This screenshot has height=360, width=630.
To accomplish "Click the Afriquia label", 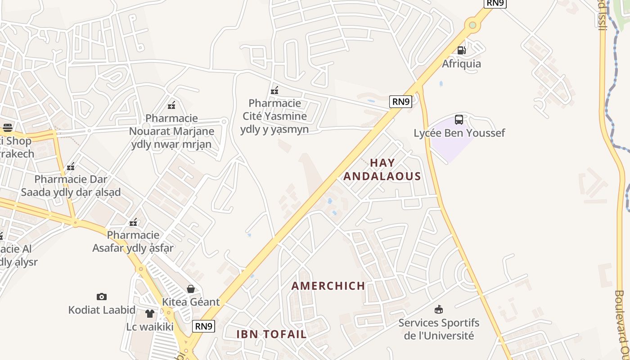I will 461,63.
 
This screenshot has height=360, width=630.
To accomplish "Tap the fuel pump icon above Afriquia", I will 461,50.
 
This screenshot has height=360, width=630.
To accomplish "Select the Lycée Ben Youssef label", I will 459,133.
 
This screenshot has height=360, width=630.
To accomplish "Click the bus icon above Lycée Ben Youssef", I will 459,120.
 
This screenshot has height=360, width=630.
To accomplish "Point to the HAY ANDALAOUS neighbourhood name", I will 382,169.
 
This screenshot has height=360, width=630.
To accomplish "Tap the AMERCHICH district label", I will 328,286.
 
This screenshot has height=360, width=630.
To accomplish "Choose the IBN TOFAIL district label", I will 271,334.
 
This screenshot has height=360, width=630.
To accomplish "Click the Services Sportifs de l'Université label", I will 439,329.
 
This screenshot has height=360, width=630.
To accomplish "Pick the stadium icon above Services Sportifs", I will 439,310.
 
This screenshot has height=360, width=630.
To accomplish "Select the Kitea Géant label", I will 191,301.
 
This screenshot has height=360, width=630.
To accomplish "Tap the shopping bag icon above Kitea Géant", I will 191,288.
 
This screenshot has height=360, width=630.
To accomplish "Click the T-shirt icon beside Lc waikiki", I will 150,314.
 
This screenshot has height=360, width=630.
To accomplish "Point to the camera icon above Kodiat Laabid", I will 102,297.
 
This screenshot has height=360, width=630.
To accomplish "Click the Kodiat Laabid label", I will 102,310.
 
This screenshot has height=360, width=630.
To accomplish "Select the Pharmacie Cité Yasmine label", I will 274,116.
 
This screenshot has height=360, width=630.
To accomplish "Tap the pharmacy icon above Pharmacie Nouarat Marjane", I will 171,106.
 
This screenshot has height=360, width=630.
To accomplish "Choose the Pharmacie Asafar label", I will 133,241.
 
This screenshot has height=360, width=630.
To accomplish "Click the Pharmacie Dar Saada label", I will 71,185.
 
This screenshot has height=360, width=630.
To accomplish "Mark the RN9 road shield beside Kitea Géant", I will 203,326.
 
